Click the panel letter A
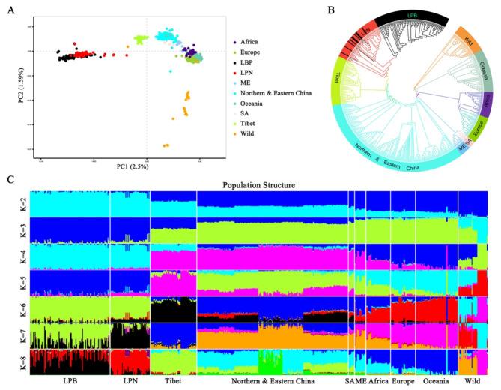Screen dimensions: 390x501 [10, 10]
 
